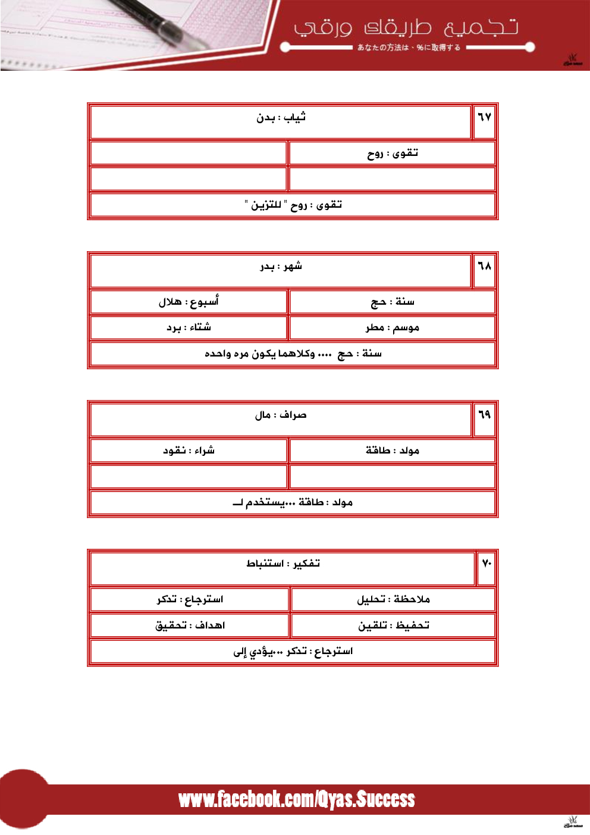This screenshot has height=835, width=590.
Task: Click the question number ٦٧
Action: [x=484, y=117]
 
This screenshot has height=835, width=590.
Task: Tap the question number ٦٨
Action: [x=484, y=266]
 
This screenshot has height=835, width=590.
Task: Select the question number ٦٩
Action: [x=484, y=415]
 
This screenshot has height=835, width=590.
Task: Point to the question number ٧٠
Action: [x=487, y=564]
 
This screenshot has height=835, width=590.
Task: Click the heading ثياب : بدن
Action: [x=281, y=118]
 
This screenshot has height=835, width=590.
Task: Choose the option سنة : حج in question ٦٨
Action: [x=392, y=302]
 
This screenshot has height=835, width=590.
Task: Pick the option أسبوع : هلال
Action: [x=189, y=302]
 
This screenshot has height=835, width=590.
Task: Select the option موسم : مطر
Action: [x=392, y=328]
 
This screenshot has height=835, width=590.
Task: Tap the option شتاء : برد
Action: [x=189, y=328]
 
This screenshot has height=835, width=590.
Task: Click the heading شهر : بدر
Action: [x=281, y=267]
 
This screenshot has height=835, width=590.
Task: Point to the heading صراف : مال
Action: [x=281, y=415]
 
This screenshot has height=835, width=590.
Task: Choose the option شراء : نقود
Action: [x=189, y=451]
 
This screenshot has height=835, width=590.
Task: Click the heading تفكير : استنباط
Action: [x=283, y=564]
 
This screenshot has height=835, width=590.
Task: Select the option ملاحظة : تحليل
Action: [x=393, y=599]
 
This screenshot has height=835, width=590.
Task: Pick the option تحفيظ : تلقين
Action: [x=393, y=626]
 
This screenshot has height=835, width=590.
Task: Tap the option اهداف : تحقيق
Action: [x=190, y=626]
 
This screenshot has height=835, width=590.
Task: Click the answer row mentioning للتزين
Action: [x=293, y=205]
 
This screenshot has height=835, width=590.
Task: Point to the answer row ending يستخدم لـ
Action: [x=293, y=503]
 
